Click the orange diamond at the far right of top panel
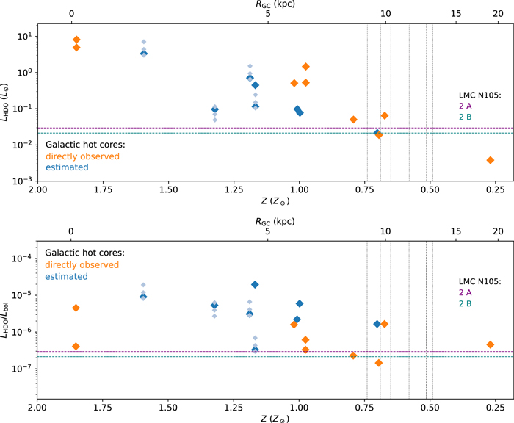point(490,160)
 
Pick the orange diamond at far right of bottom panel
point(490,344)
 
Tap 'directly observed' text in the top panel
point(82,156)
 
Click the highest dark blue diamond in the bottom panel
point(255,284)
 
